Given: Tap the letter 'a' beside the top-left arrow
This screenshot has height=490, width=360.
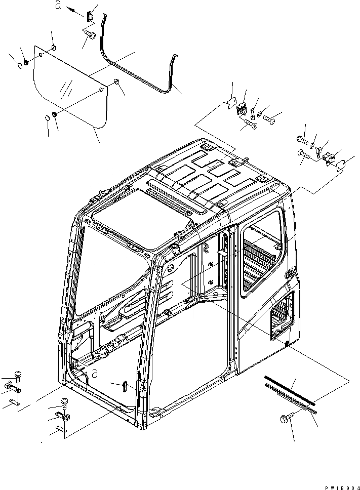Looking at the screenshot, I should pyautogui.click(x=58, y=7).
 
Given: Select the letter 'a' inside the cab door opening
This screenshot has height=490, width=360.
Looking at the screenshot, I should pyautogui.click(x=94, y=374).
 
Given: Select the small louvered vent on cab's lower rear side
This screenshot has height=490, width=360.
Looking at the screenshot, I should pyautogui.click(x=282, y=317).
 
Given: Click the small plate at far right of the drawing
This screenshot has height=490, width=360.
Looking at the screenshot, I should pyautogui.click(x=341, y=165).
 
